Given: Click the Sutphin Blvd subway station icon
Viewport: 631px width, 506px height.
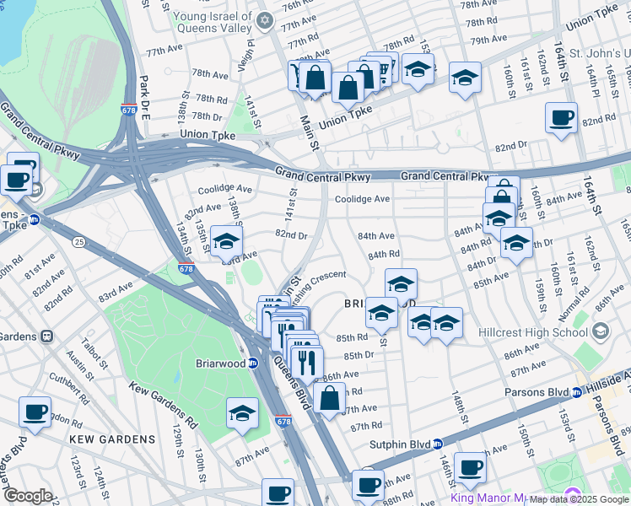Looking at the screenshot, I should coord(438,444).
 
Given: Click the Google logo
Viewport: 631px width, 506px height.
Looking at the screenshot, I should coord(28,496).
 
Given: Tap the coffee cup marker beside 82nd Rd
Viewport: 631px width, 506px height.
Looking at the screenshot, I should coord(561,119).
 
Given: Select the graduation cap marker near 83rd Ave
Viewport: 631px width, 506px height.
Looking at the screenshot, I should coord(225,243).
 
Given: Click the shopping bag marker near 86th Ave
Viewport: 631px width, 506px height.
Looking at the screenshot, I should coord(329,396).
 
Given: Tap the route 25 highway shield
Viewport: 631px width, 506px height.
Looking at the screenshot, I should coord(79,242).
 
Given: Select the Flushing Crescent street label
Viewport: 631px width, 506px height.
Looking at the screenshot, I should coord(315,277).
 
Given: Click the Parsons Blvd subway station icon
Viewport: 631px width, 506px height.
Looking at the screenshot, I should coord(577,392).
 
